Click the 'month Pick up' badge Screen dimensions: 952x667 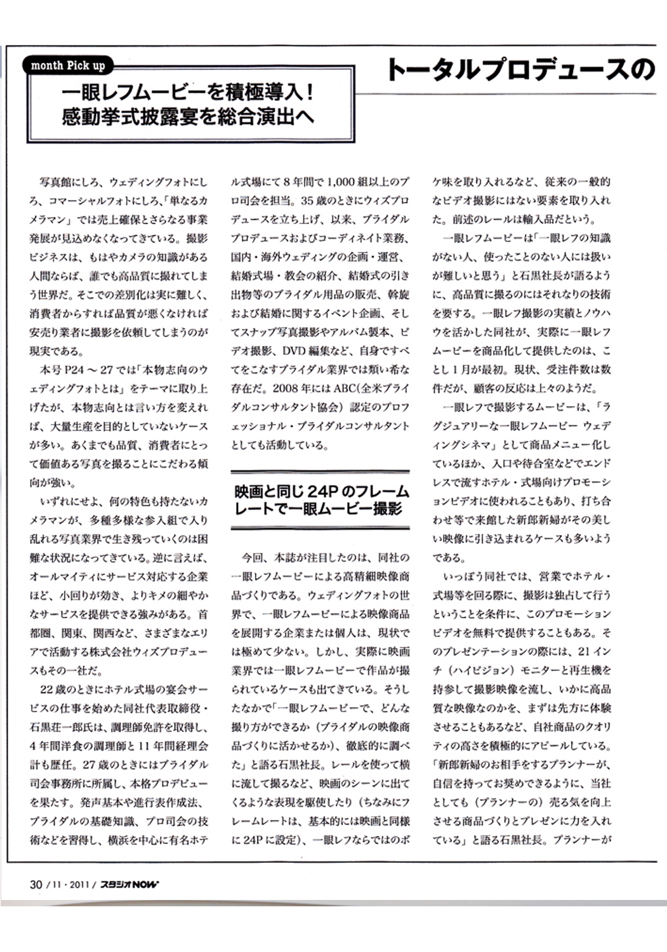click(68, 65)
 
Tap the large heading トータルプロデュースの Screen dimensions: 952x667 click(520, 70)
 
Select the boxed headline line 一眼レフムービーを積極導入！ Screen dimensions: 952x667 click(188, 94)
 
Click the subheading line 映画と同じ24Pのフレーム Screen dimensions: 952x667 click(321, 492)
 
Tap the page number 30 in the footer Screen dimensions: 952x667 click(36, 885)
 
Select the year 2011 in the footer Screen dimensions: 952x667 click(81, 885)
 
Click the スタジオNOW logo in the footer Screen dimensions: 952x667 click(129, 885)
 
